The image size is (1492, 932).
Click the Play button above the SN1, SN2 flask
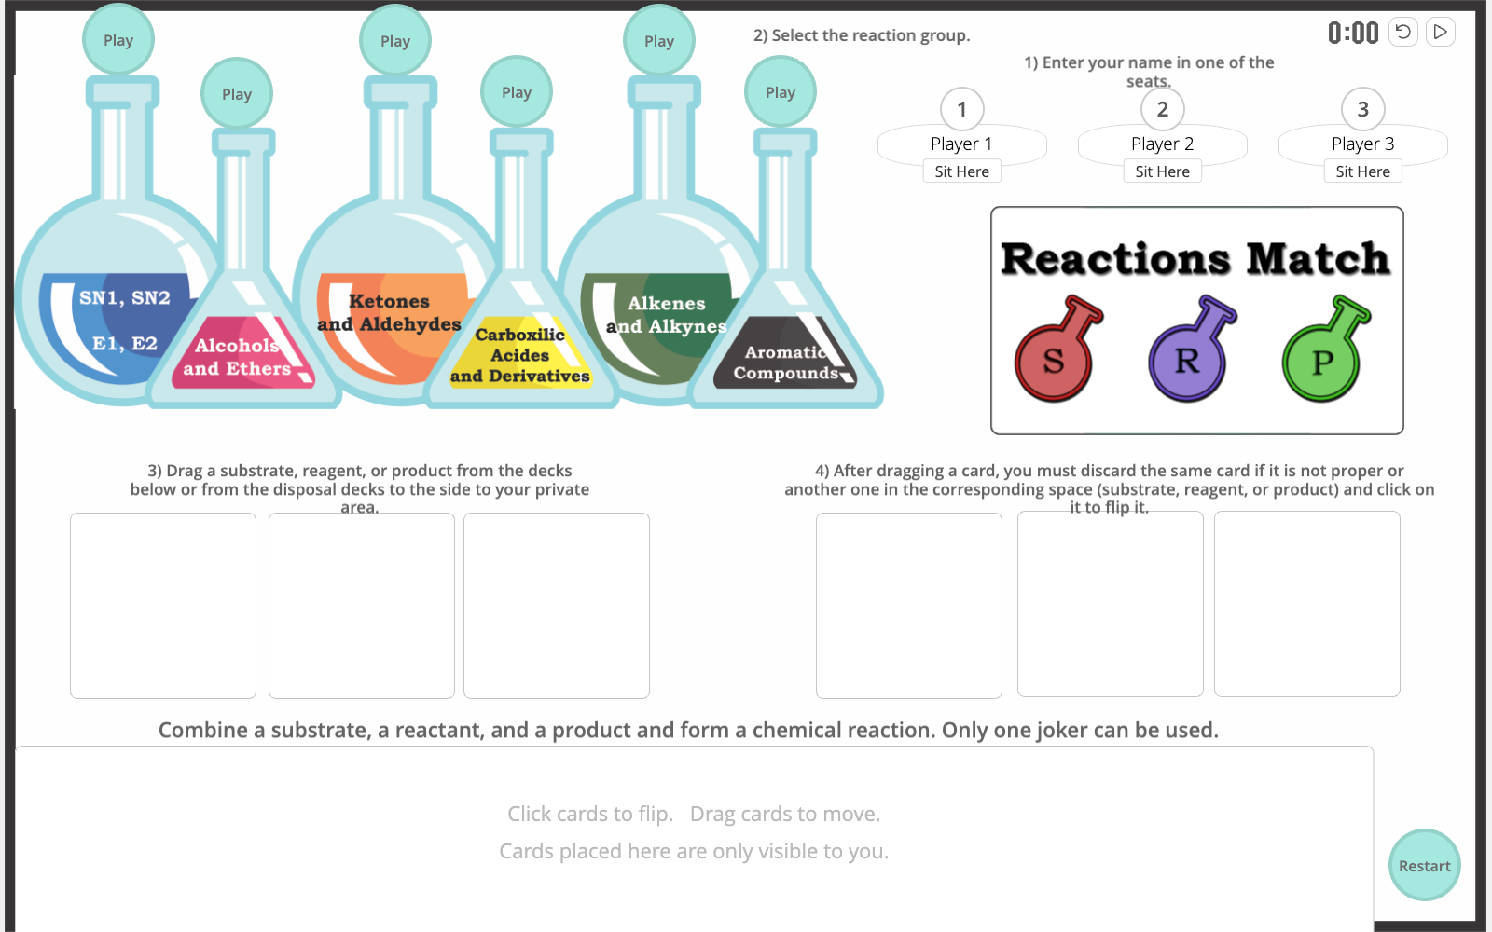click(x=118, y=40)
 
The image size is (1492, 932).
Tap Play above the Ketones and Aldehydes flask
click(x=395, y=41)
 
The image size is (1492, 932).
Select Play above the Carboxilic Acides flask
click(x=517, y=92)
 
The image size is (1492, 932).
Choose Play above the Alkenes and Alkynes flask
click(x=658, y=41)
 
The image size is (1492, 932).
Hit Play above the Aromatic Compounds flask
click(x=780, y=92)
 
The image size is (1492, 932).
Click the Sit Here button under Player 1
click(x=961, y=171)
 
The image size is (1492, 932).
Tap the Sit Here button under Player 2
click(x=1162, y=171)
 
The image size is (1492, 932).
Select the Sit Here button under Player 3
click(x=1362, y=171)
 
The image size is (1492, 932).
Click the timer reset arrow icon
click(x=1402, y=32)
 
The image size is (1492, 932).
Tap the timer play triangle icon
click(x=1440, y=32)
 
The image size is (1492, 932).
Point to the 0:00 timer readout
click(x=1353, y=33)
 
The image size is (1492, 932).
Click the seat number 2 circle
click(x=1162, y=108)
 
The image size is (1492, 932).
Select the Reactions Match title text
click(x=1195, y=259)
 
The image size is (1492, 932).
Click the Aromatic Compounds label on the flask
click(x=786, y=363)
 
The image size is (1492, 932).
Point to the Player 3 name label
click(x=1362, y=144)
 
